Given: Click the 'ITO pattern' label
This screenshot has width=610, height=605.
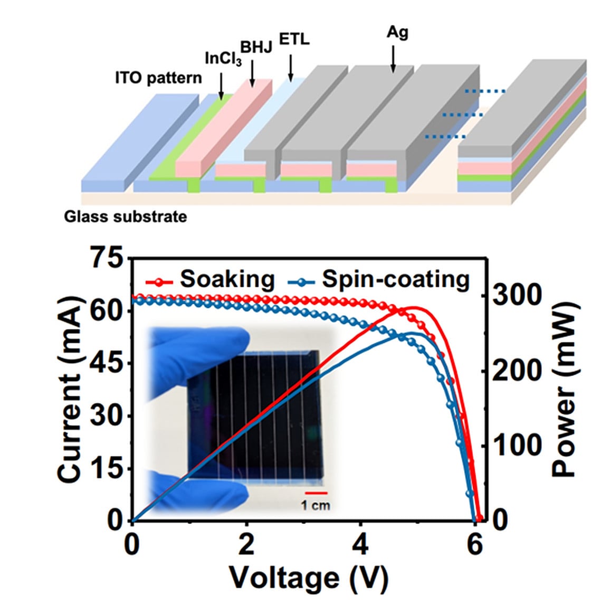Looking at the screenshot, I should click(158, 78).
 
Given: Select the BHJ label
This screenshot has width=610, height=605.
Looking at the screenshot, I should click(256, 47).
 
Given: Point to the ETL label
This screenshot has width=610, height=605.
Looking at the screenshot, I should click(294, 40).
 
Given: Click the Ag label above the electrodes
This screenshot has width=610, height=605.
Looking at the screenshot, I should click(397, 32).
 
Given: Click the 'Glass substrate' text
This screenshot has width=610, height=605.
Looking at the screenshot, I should click(126, 216).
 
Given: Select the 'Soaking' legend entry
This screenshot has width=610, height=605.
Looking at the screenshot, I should click(227, 279).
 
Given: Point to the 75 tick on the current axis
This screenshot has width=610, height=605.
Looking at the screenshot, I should click(108, 259).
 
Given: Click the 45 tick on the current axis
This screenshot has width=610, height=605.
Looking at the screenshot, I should click(108, 364).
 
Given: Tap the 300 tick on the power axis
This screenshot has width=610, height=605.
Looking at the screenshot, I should click(511, 295).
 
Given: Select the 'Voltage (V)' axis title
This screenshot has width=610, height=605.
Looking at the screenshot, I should click(309, 578).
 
